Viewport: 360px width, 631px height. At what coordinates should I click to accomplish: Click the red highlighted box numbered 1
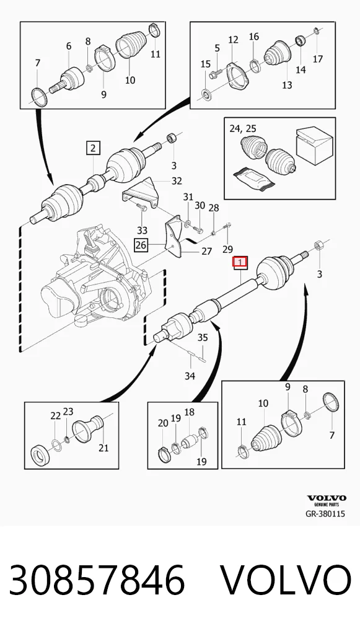click(x=240, y=263)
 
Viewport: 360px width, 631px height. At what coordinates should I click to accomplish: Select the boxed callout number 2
click(x=94, y=148)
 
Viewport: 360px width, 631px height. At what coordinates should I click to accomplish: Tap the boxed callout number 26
click(x=141, y=245)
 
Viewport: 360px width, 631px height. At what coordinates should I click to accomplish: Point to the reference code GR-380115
click(x=325, y=513)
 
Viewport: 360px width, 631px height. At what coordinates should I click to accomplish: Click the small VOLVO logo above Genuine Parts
click(x=327, y=498)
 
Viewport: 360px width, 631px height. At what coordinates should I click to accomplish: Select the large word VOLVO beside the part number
click(x=286, y=580)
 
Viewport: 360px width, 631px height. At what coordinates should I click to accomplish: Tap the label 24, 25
click(x=242, y=129)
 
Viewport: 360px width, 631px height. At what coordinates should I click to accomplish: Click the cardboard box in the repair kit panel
click(x=315, y=146)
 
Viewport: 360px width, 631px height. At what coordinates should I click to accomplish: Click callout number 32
click(x=177, y=181)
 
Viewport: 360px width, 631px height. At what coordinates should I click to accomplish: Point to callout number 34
click(x=190, y=376)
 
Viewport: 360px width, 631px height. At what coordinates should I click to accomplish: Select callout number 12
click(x=234, y=40)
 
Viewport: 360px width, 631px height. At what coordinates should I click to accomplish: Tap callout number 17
click(x=318, y=59)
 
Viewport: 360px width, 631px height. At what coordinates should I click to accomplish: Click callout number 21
click(x=103, y=447)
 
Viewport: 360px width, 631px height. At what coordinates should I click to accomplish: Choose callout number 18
click(x=189, y=412)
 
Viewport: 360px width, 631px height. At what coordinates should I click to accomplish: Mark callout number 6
click(x=69, y=46)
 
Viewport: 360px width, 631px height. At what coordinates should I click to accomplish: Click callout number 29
click(x=227, y=250)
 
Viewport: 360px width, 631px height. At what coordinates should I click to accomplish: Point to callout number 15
click(x=206, y=64)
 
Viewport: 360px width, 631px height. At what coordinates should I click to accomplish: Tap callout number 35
click(x=203, y=337)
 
